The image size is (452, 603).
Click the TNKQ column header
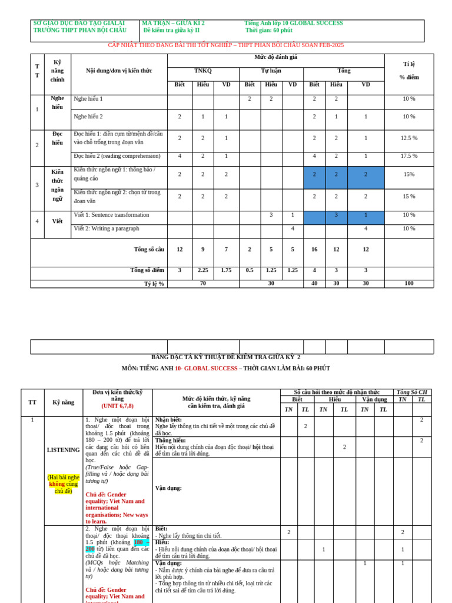tap(202, 71)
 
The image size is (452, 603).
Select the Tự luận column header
tap(271, 71)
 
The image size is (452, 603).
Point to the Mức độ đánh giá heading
tap(275, 57)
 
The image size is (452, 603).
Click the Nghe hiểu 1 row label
tap(88, 99)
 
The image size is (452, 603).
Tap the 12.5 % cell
tap(408, 138)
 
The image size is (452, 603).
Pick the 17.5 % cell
tap(408, 156)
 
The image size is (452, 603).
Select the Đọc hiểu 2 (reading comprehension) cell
tap(117, 156)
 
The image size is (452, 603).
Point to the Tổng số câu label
tap(149, 249)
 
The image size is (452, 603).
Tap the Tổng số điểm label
tap(147, 270)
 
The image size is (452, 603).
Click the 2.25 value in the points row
tap(202, 270)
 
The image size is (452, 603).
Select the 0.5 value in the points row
tap(250, 270)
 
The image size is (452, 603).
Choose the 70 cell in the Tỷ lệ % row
tap(202, 283)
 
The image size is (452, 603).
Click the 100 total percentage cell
tap(408, 283)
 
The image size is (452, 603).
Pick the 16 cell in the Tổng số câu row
tap(314, 249)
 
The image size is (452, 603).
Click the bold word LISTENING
tap(63, 450)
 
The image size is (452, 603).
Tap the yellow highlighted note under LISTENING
tap(64, 484)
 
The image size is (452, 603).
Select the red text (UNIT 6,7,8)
tap(117, 406)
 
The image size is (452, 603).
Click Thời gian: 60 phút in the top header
tap(268, 30)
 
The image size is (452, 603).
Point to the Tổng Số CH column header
tap(412, 392)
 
